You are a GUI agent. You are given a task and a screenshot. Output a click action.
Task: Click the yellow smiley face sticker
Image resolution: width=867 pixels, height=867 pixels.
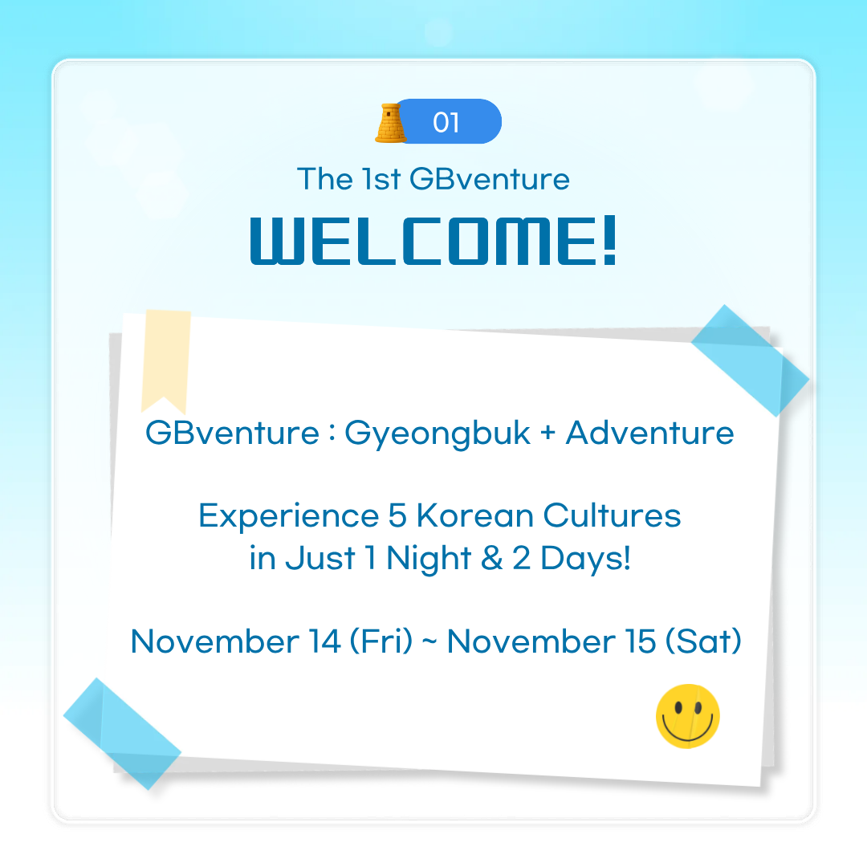pos(688,717)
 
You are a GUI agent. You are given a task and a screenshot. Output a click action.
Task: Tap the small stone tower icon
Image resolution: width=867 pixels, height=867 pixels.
pos(390,122)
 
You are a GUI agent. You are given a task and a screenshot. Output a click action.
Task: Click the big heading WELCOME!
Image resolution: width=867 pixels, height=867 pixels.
pos(433,238)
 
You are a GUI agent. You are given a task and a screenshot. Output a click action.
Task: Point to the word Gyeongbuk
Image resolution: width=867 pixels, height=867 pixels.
pos(438,433)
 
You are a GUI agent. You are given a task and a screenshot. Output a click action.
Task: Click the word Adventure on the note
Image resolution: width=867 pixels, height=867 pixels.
pos(649,433)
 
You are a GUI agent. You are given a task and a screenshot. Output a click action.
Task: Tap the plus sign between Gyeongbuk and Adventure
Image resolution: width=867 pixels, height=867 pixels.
pos(548,434)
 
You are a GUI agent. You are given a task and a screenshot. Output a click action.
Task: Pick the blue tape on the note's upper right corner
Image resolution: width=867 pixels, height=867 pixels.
pos(749,360)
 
